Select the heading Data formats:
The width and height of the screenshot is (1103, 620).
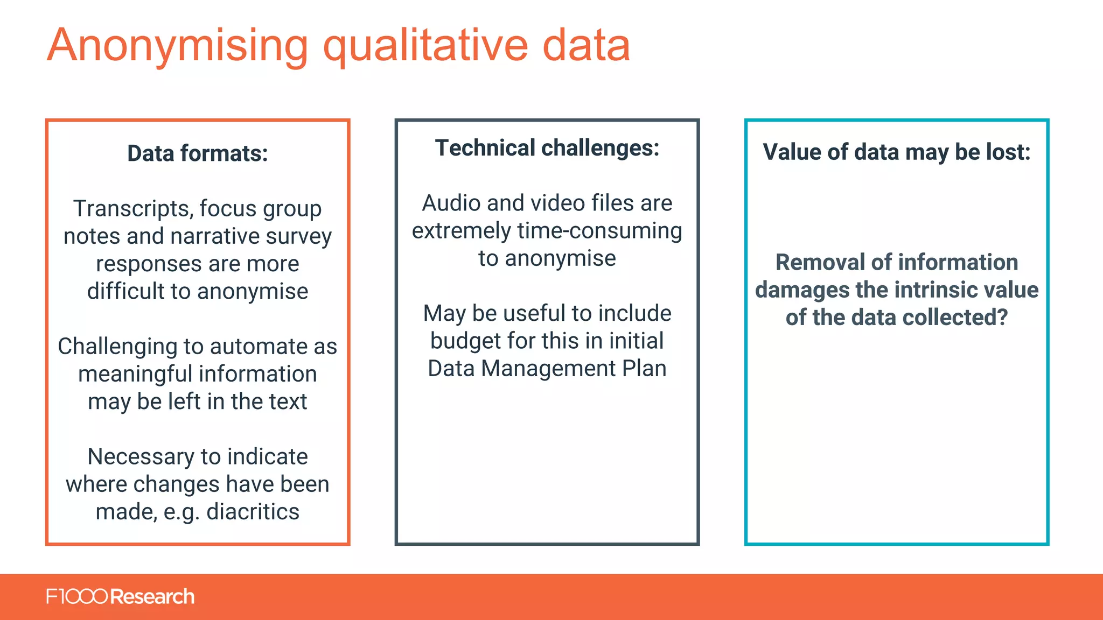[x=198, y=153]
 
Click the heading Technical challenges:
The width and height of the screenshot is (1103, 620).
[x=547, y=148]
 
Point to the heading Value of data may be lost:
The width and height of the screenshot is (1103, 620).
[x=897, y=152]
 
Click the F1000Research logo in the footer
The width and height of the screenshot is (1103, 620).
[x=120, y=597]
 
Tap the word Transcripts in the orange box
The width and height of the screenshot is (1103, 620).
[x=133, y=209]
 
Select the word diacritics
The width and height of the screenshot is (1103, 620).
[x=253, y=512]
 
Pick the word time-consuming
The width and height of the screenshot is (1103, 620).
[x=599, y=231]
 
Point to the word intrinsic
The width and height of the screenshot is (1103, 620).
[x=923, y=290]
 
